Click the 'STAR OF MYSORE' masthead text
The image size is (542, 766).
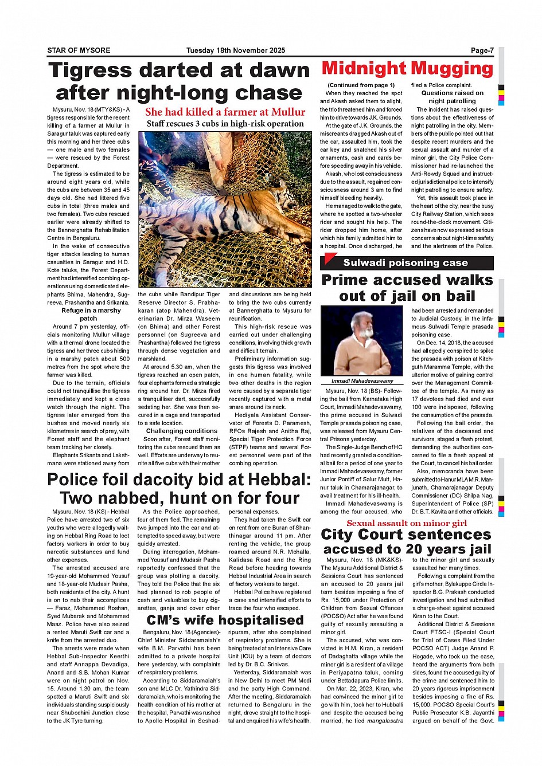[x=79, y=50]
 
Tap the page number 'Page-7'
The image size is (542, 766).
[x=482, y=50]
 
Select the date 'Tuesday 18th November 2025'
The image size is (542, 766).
[x=235, y=50]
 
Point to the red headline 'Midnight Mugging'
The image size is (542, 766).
[x=407, y=69]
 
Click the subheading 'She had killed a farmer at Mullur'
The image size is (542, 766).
[x=225, y=112]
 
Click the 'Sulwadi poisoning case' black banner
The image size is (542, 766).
[x=406, y=263]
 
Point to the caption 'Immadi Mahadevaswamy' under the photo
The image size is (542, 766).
[x=362, y=380]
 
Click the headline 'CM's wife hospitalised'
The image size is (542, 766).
[x=225, y=620]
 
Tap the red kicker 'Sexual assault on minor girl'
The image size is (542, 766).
[x=407, y=523]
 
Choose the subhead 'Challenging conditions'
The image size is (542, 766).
[x=182, y=431]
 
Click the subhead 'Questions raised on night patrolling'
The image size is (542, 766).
[x=452, y=97]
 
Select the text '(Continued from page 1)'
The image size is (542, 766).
[x=361, y=85]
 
